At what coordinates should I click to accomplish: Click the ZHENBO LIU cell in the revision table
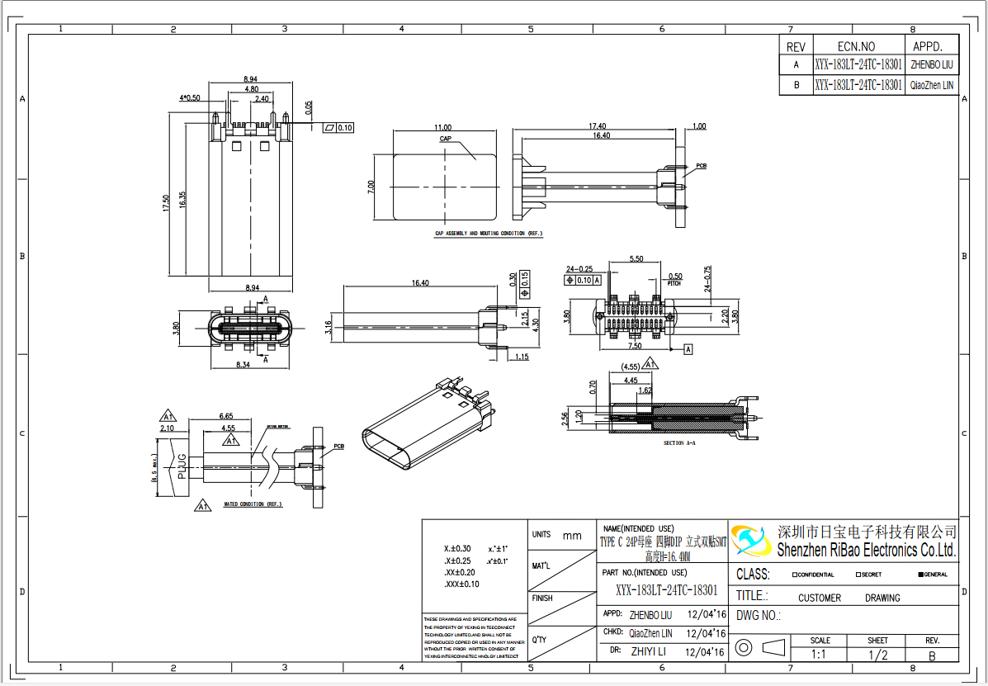[x=932, y=64]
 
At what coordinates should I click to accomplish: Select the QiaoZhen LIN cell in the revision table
[x=932, y=85]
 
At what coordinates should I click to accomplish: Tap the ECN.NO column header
[x=856, y=47]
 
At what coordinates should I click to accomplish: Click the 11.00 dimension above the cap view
[x=442, y=128]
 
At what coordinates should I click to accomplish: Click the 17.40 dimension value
[x=598, y=126]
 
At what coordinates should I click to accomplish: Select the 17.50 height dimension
[x=166, y=203]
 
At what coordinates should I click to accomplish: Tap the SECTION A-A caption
[x=679, y=443]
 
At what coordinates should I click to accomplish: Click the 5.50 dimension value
[x=636, y=259]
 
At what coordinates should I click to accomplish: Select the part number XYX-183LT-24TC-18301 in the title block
[x=666, y=590]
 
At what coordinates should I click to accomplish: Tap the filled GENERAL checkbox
[x=921, y=575]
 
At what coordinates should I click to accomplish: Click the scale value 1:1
[x=820, y=655]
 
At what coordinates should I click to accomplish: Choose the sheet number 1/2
[x=877, y=655]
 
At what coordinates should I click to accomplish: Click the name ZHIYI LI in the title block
[x=648, y=652]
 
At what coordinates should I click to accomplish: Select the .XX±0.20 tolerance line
[x=460, y=572]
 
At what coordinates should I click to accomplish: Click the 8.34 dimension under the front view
[x=243, y=363]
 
